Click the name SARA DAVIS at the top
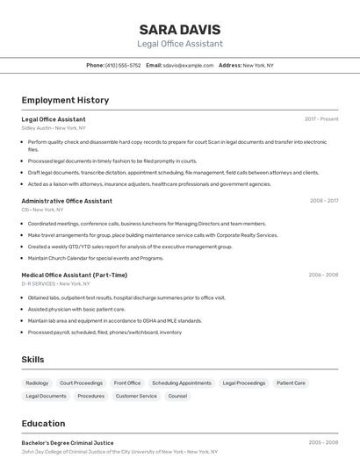179,29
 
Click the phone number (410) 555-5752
123,65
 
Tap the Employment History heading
65,100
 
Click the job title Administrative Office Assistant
67,201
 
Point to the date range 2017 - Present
321,118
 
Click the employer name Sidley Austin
36,128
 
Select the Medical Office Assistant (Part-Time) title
74,275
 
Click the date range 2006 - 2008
323,275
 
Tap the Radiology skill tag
37,383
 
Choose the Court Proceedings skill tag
81,383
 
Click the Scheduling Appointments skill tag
181,383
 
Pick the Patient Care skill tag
291,383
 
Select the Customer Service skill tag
136,396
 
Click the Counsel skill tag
177,396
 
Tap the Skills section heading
32,360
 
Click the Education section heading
43,424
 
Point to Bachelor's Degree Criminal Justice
68,443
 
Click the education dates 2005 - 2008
323,443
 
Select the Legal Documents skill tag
46,396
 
